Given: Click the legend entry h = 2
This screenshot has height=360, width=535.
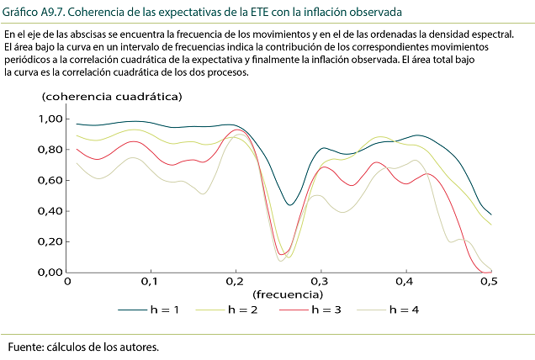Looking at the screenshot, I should pyautogui.click(x=239, y=310).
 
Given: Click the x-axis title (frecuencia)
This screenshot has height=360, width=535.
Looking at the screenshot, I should pyautogui.click(x=286, y=294).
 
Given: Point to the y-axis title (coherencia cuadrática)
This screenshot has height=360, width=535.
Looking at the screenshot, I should pyautogui.click(x=111, y=96).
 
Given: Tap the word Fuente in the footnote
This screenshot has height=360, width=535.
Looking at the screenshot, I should pyautogui.click(x=28, y=347).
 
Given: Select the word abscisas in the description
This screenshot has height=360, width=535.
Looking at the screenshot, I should pyautogui.click(x=103, y=34).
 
